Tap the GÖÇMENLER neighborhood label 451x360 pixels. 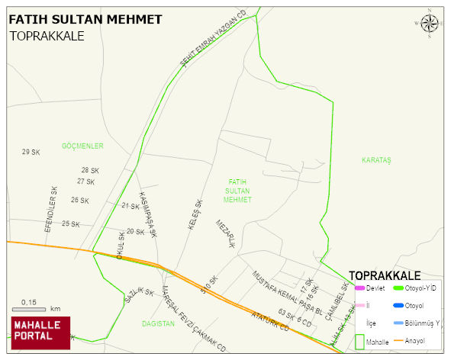(x=82, y=146)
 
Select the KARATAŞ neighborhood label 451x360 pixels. (x=376, y=160)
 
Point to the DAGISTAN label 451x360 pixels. (x=158, y=323)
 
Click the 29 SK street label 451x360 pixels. (x=31, y=153)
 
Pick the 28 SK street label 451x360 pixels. (x=90, y=170)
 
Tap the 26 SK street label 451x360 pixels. (x=79, y=201)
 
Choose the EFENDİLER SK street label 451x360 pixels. (x=50, y=209)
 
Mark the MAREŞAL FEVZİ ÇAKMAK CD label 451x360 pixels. (x=195, y=320)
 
